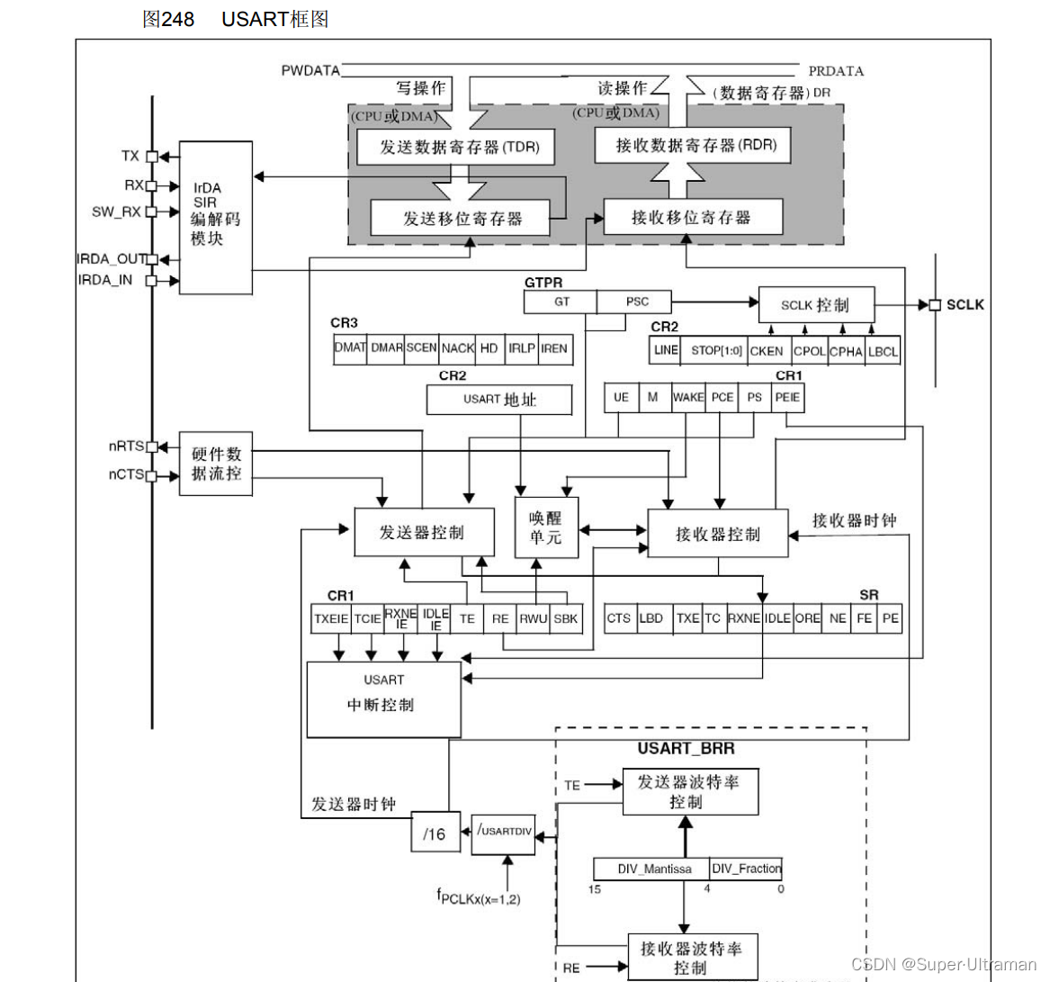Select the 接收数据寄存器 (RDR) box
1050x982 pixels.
pos(692,145)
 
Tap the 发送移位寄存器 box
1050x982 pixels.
pos(460,218)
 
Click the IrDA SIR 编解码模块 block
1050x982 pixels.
pos(215,217)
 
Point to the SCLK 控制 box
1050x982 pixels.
pos(815,304)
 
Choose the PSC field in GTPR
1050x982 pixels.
pos(637,302)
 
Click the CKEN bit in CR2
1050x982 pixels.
pos(767,351)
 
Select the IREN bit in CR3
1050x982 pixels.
pos(554,348)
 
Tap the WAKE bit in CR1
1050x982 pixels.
pos(688,397)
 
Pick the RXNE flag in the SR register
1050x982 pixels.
pos(744,618)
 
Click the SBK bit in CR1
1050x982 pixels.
pos(566,618)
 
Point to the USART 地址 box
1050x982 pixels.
pos(499,400)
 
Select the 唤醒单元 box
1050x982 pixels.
pos(545,527)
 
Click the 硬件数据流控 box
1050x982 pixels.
pos(215,464)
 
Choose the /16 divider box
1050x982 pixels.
pos(435,833)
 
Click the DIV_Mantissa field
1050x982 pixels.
pos(654,869)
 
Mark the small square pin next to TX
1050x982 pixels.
pos(152,157)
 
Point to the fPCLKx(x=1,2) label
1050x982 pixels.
pos(478,896)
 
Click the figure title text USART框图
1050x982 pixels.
pos(274,19)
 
